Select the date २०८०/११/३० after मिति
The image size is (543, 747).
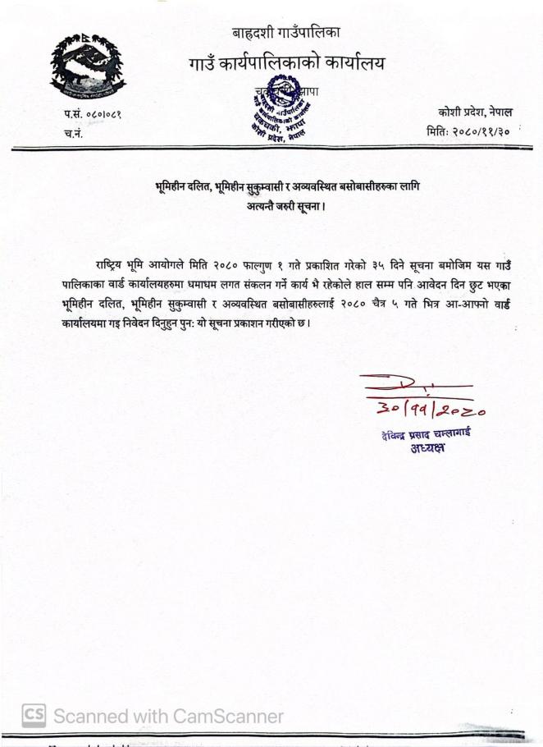pyautogui.click(x=488, y=130)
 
